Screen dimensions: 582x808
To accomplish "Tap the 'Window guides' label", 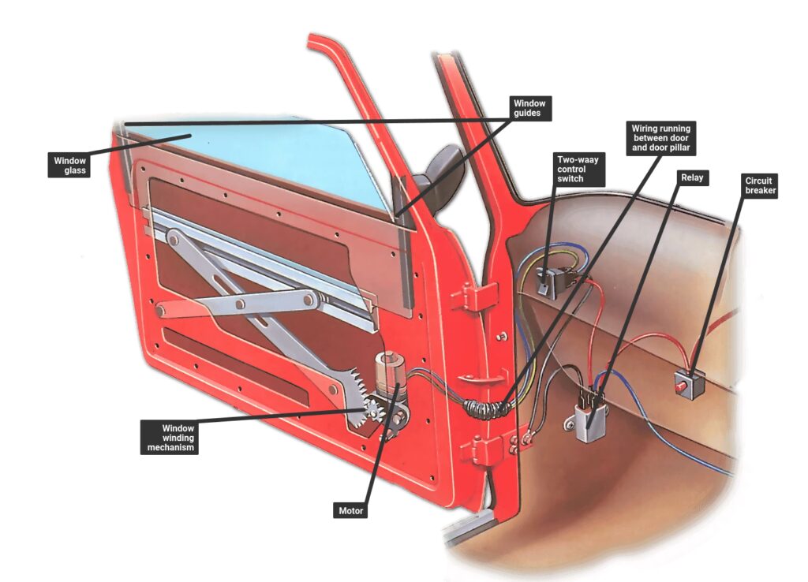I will (x=529, y=108).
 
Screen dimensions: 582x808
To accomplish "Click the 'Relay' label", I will (x=691, y=178).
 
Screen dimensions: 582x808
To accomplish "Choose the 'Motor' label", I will (x=351, y=511).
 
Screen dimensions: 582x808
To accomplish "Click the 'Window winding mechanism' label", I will (x=167, y=437).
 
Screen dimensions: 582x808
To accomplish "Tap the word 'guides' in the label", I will (x=529, y=114).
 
